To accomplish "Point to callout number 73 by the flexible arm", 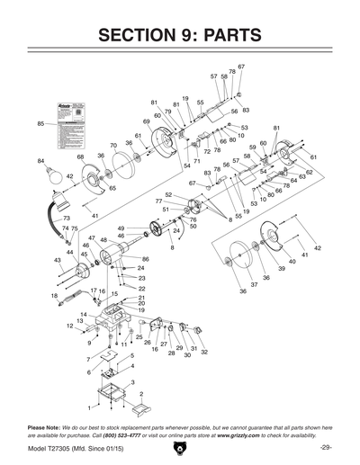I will (66, 219).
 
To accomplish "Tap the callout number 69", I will (146, 121).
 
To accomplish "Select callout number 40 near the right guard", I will (292, 261).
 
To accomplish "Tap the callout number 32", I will (204, 352).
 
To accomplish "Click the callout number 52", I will (167, 194).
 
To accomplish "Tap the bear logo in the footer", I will (180, 448).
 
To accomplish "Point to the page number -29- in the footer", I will (325, 447).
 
